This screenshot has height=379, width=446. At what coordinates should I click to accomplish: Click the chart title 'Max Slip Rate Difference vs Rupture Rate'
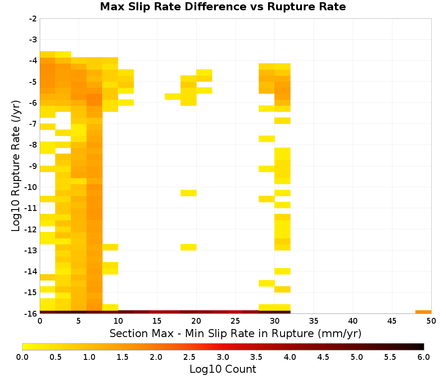pos(223,7)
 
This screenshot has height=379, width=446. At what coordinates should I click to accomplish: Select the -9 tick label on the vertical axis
pos(33,166)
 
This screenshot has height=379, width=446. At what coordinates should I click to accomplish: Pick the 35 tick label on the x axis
pos(314,321)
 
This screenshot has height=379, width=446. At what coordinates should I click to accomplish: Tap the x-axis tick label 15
pos(157,321)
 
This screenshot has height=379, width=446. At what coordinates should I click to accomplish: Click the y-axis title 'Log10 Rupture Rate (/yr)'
pos(16,165)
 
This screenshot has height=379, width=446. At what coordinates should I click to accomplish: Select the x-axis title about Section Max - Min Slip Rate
pos(235,334)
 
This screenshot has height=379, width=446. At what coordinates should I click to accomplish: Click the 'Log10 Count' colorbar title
pos(223,369)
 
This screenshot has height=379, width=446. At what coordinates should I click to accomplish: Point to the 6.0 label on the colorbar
pos(424,357)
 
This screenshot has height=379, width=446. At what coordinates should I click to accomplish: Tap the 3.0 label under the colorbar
pos(223,357)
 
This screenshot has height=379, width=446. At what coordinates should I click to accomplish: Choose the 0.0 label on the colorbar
pos(22,357)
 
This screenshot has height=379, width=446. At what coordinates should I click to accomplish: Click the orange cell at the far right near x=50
pos(423,312)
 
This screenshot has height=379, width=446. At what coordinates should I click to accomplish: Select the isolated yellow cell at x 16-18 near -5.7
pos(173,96)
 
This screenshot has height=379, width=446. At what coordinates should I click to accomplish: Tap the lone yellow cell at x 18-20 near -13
pos(188,247)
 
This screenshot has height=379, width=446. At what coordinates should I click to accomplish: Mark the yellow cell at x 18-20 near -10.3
pos(188,193)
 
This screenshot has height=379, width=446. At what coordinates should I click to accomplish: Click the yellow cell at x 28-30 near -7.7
pos(267,139)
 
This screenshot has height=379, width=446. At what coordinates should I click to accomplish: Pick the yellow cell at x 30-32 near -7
pos(282,120)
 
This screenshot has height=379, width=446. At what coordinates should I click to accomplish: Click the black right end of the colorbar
pos(422,346)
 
